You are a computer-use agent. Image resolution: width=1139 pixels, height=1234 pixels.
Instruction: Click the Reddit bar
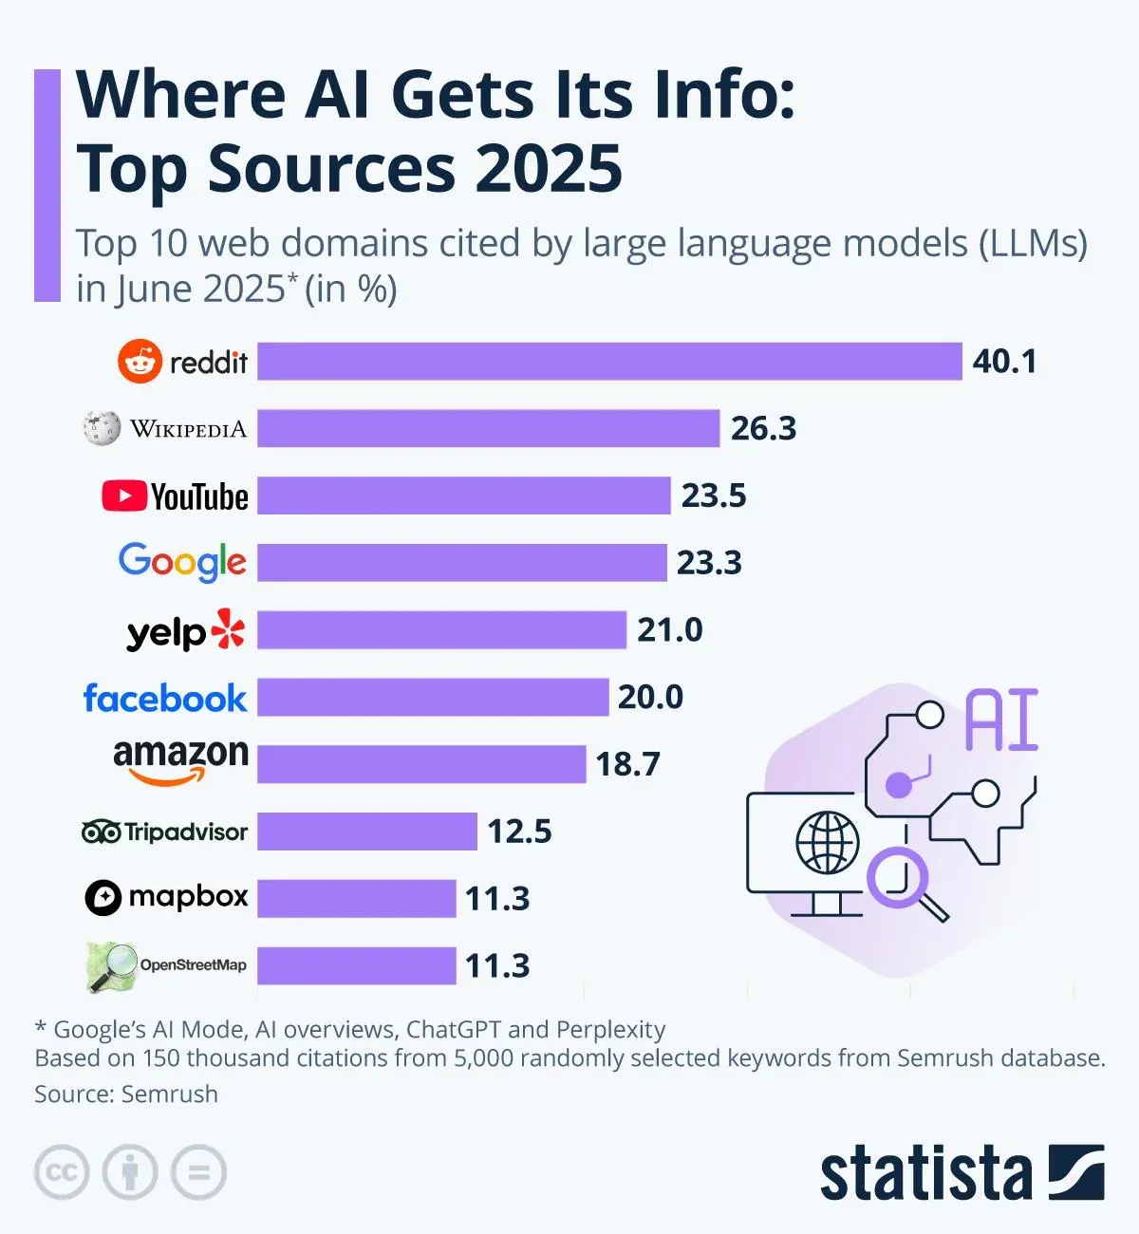tap(609, 362)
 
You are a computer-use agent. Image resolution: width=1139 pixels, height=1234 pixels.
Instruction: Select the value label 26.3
tap(763, 429)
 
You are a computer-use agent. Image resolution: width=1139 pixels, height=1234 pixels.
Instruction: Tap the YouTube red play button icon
tap(124, 495)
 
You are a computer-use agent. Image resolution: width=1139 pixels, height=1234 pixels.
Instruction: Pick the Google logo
tap(182, 562)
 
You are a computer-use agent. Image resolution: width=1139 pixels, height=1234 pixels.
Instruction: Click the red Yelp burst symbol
tap(228, 628)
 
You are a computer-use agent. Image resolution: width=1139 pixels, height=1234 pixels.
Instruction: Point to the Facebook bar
tap(433, 697)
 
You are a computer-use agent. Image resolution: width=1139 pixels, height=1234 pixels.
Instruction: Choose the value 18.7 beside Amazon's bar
tap(627, 764)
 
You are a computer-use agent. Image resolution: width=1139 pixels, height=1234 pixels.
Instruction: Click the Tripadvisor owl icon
tap(101, 832)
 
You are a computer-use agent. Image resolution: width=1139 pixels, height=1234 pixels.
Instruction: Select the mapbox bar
tap(357, 898)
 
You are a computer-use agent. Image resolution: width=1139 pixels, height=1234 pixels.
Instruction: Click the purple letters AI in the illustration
tap(1001, 721)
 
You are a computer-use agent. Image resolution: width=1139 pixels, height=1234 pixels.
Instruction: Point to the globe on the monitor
tap(827, 842)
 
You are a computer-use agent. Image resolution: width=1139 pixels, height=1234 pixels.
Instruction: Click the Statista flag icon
tap(1076, 1172)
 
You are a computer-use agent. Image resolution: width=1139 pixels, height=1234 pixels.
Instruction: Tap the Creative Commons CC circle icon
tap(62, 1172)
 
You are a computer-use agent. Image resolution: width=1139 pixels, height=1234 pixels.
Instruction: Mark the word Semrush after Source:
tap(171, 1094)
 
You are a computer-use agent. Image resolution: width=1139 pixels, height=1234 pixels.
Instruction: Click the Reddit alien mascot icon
tap(140, 362)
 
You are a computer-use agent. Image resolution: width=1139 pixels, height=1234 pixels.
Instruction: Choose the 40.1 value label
tap(1004, 362)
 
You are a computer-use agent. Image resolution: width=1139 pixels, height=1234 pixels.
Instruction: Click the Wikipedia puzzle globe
tap(102, 428)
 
